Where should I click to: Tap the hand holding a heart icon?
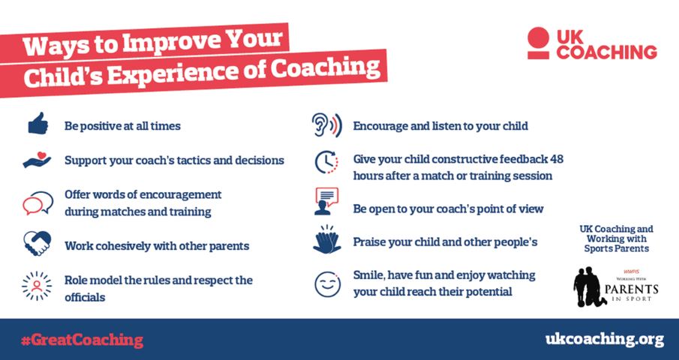(37, 160)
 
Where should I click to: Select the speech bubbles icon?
(38, 203)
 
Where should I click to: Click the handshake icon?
(38, 244)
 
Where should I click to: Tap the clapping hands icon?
(327, 241)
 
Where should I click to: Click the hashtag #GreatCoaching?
(82, 340)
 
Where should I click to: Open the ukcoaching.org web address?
(604, 340)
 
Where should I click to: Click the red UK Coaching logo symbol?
(537, 43)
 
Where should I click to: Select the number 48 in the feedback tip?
(555, 160)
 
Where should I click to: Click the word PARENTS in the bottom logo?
(635, 288)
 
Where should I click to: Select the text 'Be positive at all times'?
(122, 126)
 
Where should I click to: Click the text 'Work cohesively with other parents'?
(156, 245)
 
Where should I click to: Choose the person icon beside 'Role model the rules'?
(37, 286)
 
